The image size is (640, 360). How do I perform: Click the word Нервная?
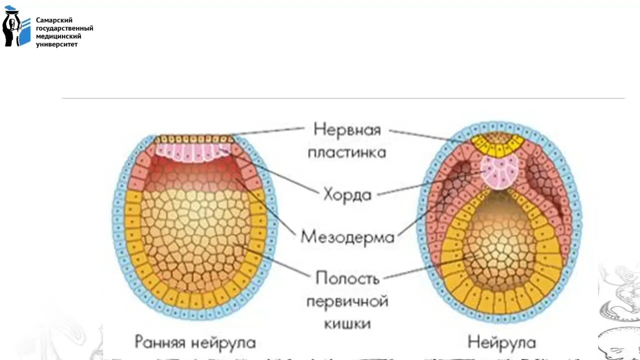[x=347, y=129]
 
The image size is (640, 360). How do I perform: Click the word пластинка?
[x=347, y=152]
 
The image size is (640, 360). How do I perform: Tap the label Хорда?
[x=347, y=194]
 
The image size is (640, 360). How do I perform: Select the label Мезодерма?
[x=347, y=236]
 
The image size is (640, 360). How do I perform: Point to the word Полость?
[x=347, y=278]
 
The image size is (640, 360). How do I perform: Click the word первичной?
[x=347, y=301]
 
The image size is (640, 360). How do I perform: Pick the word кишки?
[x=347, y=323]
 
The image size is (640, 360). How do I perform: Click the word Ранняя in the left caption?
[x=160, y=343]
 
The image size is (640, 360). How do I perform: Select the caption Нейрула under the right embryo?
[x=501, y=343]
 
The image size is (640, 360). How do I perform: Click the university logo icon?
[x=16, y=27]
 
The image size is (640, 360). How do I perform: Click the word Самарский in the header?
[x=54, y=20]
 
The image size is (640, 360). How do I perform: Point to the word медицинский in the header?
[x=58, y=36]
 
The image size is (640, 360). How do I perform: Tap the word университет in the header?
[x=57, y=44]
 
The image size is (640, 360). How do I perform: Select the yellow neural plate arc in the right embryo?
[x=498, y=146]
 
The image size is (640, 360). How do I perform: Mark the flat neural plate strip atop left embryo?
[x=194, y=139]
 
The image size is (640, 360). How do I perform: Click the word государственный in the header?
[x=64, y=28]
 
